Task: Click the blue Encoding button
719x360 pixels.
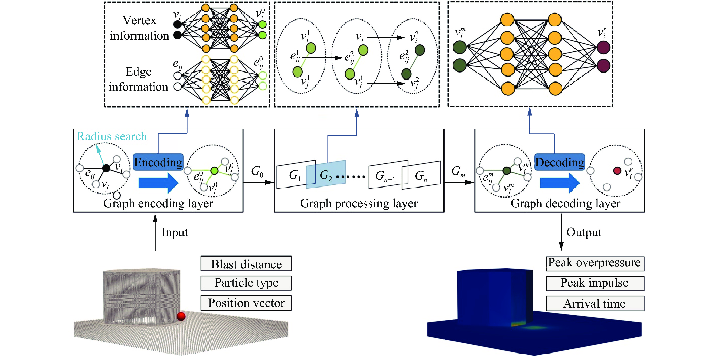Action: point(158,162)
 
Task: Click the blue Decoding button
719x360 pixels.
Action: point(559,162)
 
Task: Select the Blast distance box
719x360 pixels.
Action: point(246,264)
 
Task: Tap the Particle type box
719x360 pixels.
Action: point(246,283)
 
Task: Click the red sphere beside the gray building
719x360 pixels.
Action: point(181,316)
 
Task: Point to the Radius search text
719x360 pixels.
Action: point(112,136)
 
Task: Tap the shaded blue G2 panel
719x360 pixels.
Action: point(326,175)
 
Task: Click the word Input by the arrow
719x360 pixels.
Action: point(175,233)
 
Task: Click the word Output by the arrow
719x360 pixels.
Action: point(584,233)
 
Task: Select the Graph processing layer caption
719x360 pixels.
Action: point(359,204)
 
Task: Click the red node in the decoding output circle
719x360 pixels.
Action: point(617,171)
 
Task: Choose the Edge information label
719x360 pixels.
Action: point(138,79)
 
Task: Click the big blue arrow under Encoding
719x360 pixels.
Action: point(158,183)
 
